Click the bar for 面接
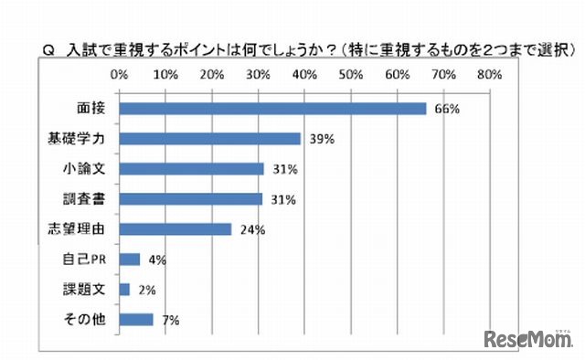pyautogui.click(x=272, y=109)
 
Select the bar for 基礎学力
pyautogui.click(x=210, y=139)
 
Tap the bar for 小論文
pyautogui.click(x=192, y=169)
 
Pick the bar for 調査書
pyautogui.click(x=192, y=199)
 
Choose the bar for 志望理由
pyautogui.click(x=175, y=229)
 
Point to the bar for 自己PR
pyautogui.click(x=130, y=259)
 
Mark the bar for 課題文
pyautogui.click(x=125, y=290)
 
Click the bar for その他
pyautogui.click(x=136, y=320)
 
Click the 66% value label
pyautogui.click(x=446, y=110)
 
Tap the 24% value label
pyautogui.click(x=252, y=230)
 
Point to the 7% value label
pyautogui.click(x=169, y=321)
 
